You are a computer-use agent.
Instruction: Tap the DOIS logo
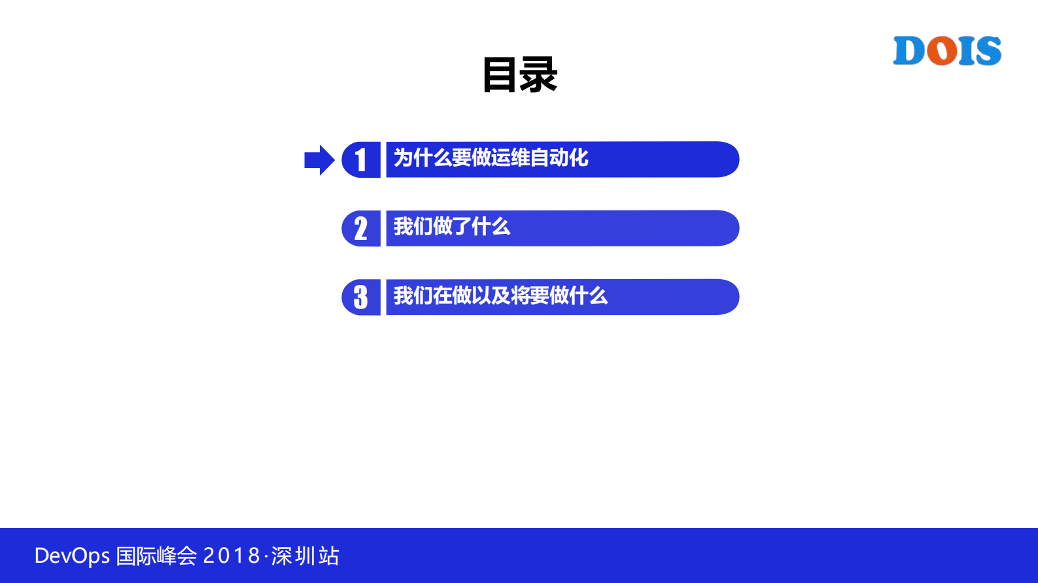click(947, 51)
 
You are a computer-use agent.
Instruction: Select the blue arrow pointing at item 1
click(319, 160)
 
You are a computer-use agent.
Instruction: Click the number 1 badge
click(361, 159)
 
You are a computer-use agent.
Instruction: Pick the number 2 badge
click(361, 229)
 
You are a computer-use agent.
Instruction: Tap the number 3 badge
click(361, 297)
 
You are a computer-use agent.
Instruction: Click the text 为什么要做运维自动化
click(491, 158)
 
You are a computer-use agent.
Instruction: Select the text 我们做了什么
click(451, 227)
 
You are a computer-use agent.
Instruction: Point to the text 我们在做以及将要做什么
click(500, 296)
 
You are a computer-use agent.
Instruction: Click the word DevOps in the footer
click(72, 556)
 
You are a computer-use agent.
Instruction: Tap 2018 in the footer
click(232, 556)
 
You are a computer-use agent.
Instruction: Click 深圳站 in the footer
click(305, 556)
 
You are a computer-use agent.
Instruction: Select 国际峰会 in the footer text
click(156, 556)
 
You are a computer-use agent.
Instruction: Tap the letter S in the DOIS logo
click(986, 51)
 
